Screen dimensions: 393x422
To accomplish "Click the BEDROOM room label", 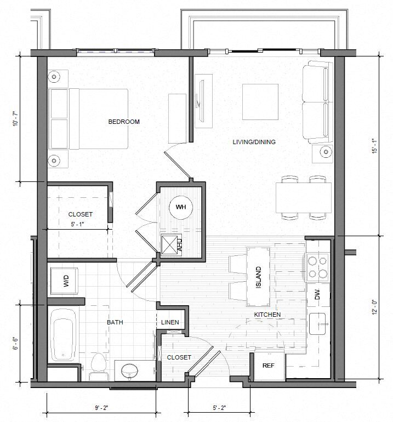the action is pos(124,122).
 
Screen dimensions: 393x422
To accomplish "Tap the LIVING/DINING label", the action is pos(254,142).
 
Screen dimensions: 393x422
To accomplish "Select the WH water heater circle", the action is pos(181,207).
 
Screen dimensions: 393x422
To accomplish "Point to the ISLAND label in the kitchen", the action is pos(258,277).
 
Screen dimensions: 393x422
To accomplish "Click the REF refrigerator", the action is pos(269,365).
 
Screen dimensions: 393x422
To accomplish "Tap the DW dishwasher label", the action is pos(317,294).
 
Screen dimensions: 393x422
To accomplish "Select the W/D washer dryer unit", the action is pos(64,281).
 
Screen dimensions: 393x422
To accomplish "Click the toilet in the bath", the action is pos(98,367).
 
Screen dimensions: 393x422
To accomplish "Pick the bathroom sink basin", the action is pos(130,371).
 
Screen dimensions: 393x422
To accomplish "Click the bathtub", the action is pos(63,335).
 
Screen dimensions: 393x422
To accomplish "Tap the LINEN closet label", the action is pos(170,322).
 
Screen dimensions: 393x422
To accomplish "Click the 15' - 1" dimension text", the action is pos(375,146).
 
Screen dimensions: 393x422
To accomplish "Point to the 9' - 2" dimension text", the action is pos(101,408).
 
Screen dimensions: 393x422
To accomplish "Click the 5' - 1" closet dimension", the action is pos(77,224).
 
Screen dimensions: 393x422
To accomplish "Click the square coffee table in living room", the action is pos(260,102).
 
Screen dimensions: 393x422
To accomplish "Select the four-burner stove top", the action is pos(318,267).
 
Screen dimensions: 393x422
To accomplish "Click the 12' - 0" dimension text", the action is pos(375,307).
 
